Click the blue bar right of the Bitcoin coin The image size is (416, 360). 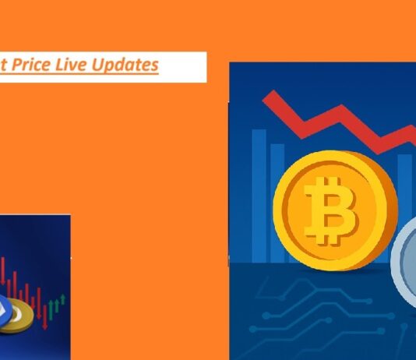point(404,187)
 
